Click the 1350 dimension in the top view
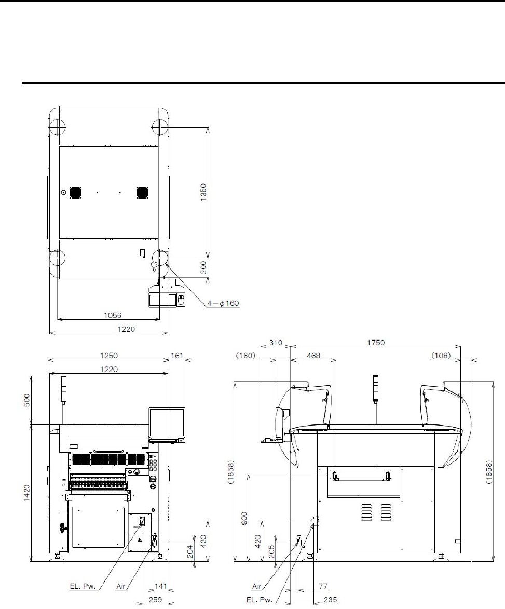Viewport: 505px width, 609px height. tap(203, 192)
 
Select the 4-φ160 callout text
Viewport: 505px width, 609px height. tap(223, 303)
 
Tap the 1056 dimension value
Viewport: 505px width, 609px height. tap(113, 315)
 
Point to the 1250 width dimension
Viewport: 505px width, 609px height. tap(109, 356)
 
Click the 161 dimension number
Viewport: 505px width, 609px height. tap(177, 356)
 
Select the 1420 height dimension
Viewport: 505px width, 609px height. tap(26, 492)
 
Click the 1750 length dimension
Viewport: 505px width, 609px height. tap(376, 343)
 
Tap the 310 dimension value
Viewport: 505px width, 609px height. tap(276, 343)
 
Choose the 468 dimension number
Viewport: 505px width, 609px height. tap(313, 356)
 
